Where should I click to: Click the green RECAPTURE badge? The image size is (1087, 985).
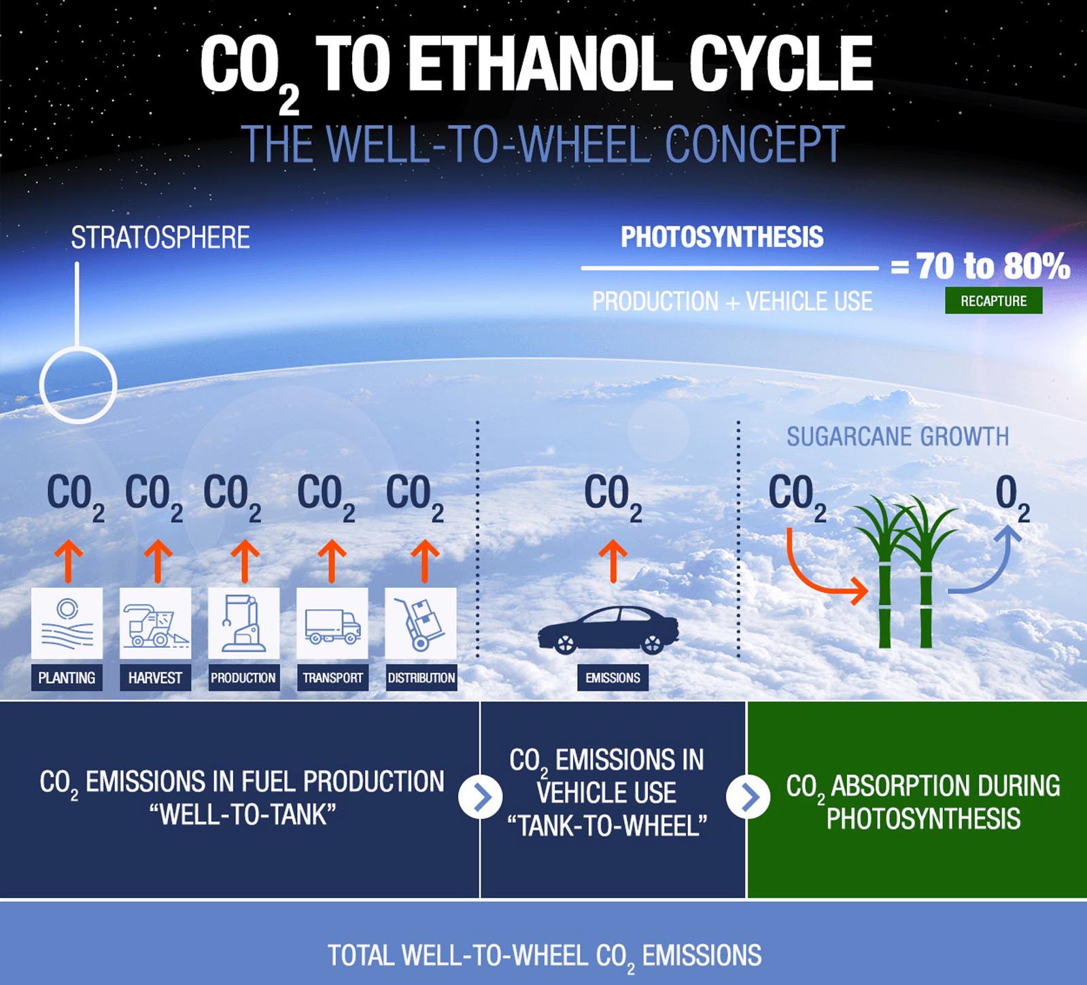pyautogui.click(x=993, y=300)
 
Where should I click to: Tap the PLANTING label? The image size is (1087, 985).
pyautogui.click(x=67, y=678)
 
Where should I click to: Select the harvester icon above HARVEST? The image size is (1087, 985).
pyautogui.click(x=155, y=623)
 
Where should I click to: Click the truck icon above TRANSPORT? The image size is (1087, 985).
pyautogui.click(x=332, y=623)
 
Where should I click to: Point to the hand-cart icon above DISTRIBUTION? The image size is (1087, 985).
pyautogui.click(x=421, y=623)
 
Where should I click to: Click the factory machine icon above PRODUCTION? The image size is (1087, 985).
pyautogui.click(x=243, y=623)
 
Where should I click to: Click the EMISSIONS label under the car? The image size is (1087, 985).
pyautogui.click(x=612, y=678)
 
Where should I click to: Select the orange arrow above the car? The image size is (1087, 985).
pyautogui.click(x=613, y=561)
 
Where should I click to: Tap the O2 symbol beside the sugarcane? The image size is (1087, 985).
pyautogui.click(x=1012, y=498)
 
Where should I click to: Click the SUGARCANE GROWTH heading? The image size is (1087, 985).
pyautogui.click(x=897, y=436)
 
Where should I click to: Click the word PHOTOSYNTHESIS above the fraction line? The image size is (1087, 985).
pyautogui.click(x=722, y=237)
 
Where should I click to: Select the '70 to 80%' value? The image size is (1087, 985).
pyautogui.click(x=993, y=266)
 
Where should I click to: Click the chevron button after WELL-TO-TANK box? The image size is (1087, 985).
pyautogui.click(x=480, y=797)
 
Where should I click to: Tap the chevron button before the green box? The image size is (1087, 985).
pyautogui.click(x=748, y=797)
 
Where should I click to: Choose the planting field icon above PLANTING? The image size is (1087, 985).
pyautogui.click(x=67, y=623)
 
